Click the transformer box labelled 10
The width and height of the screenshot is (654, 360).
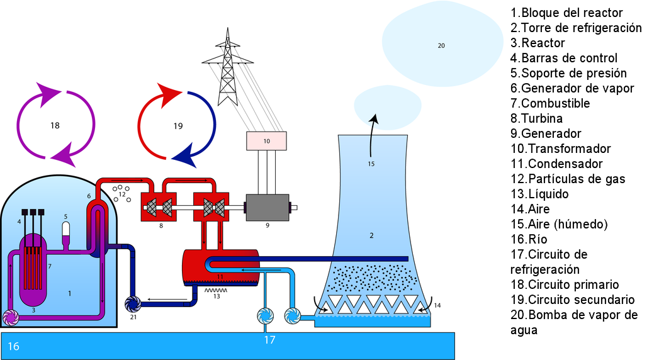coord(266,141)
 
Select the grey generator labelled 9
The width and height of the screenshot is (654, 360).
coord(267,207)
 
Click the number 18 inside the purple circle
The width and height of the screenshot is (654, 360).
coord(55,125)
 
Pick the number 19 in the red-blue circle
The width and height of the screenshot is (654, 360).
coord(178,127)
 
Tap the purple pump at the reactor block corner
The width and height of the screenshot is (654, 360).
coord(11,318)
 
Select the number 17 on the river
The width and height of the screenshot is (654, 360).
coord(270,340)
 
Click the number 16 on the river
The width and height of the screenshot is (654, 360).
coord(14,347)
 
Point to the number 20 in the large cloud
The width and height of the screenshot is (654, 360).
coord(441,45)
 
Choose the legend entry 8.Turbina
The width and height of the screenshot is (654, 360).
coord(537,118)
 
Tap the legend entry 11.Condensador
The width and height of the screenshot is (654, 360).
coord(556,164)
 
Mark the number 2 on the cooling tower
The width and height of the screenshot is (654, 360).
coord(371,235)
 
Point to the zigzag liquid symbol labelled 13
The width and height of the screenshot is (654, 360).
coord(217,290)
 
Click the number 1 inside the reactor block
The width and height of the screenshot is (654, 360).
coord(69,293)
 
